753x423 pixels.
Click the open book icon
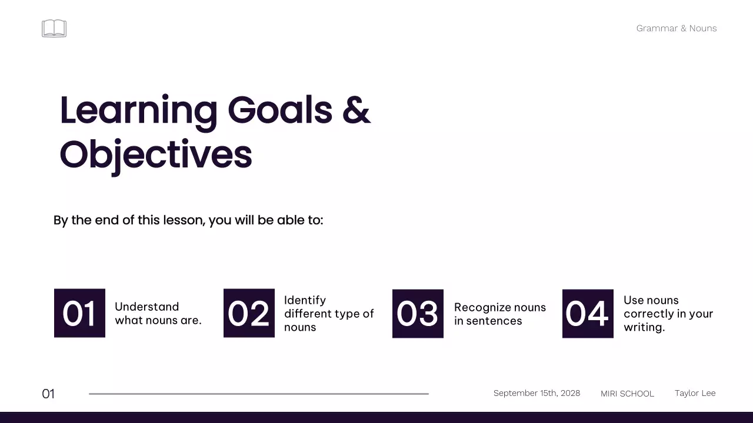point(54,28)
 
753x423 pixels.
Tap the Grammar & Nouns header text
point(677,28)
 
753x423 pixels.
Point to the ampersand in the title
point(356,110)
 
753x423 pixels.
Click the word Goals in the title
point(280,110)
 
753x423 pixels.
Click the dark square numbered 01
point(79,313)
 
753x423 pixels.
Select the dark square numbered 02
point(249,313)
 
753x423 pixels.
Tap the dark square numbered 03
point(418,314)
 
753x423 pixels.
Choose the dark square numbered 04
point(588,314)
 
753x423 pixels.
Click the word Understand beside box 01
point(147,307)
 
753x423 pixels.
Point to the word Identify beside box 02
point(305,300)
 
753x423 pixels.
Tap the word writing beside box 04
point(644,327)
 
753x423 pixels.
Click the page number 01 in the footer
point(48,394)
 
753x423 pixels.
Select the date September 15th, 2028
point(537,393)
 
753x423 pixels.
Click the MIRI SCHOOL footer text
point(627,394)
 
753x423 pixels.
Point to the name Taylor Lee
point(695,393)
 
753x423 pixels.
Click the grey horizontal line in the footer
point(259,394)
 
